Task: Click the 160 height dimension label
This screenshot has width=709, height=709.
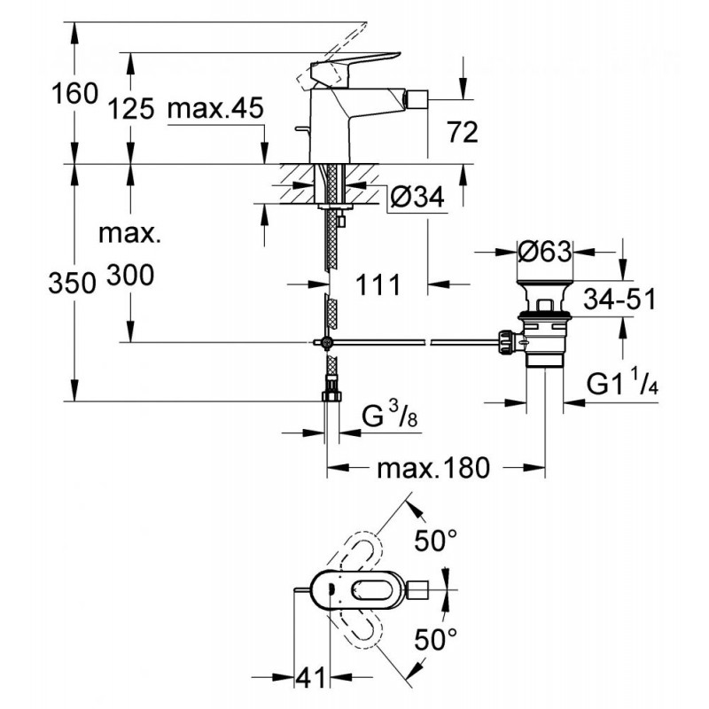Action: tap(74, 94)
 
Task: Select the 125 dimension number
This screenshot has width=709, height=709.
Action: tap(131, 109)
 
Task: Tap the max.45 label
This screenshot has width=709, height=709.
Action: tap(215, 108)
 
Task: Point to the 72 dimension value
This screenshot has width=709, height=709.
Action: tap(462, 132)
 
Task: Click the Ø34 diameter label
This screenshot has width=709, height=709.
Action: tap(417, 197)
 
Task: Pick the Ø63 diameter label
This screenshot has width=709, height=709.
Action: tap(545, 251)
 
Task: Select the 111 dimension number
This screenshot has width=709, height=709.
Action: tap(378, 284)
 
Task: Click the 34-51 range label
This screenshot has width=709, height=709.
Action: tap(619, 299)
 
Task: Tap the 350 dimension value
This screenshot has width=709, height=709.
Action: tap(73, 284)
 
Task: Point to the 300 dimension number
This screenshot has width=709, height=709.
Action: tap(130, 275)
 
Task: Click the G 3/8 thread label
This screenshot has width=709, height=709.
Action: tap(390, 415)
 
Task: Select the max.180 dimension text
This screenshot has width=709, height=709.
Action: tap(433, 468)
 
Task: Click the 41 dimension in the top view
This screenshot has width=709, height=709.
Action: tap(311, 677)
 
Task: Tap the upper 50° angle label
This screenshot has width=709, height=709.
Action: tap(436, 540)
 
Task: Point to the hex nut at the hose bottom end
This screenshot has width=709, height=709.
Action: tap(331, 396)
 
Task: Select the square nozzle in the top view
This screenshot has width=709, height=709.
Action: tap(417, 590)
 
